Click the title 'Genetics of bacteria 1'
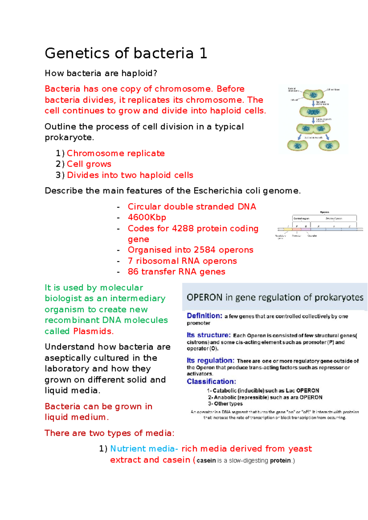[x=126, y=53]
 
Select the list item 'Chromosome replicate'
[x=116, y=153]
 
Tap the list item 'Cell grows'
[x=89, y=164]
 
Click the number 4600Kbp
[x=147, y=217]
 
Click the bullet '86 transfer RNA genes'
[x=176, y=272]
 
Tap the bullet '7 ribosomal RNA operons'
[x=182, y=261]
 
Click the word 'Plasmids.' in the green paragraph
[x=94, y=331]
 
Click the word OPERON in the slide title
[x=205, y=298]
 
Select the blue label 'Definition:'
[x=205, y=316]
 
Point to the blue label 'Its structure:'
[x=209, y=335]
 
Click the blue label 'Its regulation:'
[x=210, y=360]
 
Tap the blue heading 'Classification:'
[x=211, y=382]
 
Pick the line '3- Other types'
[x=225, y=404]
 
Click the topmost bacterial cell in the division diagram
[x=313, y=94]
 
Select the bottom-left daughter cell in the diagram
[x=297, y=145]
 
